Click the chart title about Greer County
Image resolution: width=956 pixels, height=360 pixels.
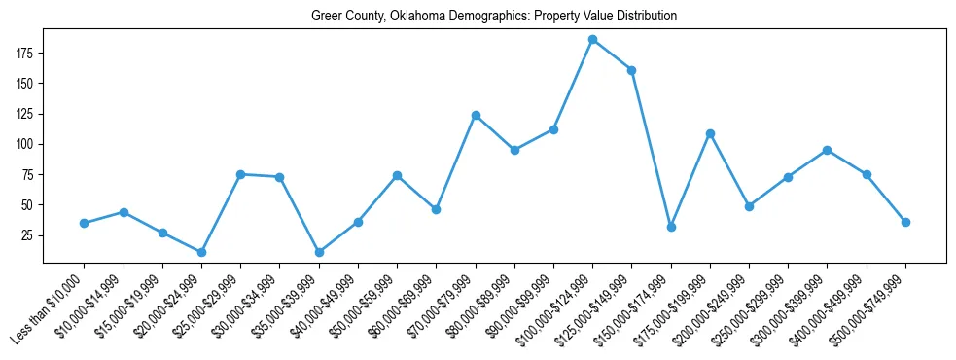click(493, 16)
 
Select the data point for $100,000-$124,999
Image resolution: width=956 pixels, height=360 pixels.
click(592, 40)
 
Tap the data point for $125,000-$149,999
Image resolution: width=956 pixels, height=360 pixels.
click(632, 70)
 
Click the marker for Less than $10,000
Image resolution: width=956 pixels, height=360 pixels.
click(85, 223)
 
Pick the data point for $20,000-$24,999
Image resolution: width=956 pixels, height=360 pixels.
click(201, 252)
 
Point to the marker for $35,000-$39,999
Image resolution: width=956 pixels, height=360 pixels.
click(319, 252)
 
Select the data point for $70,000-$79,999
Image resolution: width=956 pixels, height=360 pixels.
click(476, 115)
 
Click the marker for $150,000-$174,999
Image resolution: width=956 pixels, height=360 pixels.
click(671, 227)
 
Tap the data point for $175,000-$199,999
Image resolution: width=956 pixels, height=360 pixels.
click(710, 133)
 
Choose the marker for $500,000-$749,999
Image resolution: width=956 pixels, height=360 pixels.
click(905, 222)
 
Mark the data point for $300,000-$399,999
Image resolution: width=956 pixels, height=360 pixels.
click(828, 150)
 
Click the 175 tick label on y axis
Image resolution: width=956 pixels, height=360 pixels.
click(26, 53)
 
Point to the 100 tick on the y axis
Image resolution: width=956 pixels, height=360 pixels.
click(26, 144)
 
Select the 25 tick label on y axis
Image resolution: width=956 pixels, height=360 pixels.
click(30, 235)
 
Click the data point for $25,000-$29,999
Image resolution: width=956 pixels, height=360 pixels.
click(240, 174)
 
